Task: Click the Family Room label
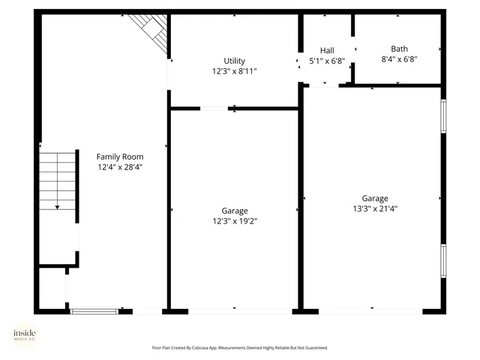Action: tap(119, 157)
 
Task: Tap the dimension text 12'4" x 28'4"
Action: tap(119, 167)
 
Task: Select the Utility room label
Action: tap(234, 61)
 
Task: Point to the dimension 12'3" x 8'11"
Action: tap(234, 71)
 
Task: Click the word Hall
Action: tap(327, 49)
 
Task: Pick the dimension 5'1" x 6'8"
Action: tap(327, 60)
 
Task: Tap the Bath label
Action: tap(399, 49)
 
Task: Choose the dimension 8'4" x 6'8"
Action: tap(399, 59)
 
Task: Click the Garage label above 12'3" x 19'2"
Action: tap(234, 211)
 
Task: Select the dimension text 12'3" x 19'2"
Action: tap(234, 221)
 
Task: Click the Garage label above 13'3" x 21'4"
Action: tap(375, 198)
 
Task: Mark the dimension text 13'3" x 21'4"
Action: tap(375, 208)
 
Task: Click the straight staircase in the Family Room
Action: tap(58, 176)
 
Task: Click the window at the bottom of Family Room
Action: tap(94, 310)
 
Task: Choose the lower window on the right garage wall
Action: tap(443, 261)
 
